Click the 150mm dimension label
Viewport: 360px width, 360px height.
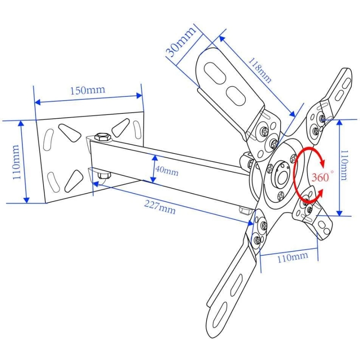point(87,90)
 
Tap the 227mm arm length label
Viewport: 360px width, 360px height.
point(160,207)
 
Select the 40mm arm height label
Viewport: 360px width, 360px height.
point(167,171)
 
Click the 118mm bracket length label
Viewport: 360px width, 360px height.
point(260,70)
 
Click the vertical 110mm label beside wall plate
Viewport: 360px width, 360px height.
point(16,162)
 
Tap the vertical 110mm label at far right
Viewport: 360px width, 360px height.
point(344,165)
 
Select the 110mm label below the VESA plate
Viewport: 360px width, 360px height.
point(293,258)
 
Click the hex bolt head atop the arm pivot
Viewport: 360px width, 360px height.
point(102,137)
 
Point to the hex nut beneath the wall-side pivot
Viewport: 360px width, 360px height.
point(104,175)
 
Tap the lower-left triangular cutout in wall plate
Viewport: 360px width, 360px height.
point(74,181)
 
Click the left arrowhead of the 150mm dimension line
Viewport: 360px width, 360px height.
point(37,102)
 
